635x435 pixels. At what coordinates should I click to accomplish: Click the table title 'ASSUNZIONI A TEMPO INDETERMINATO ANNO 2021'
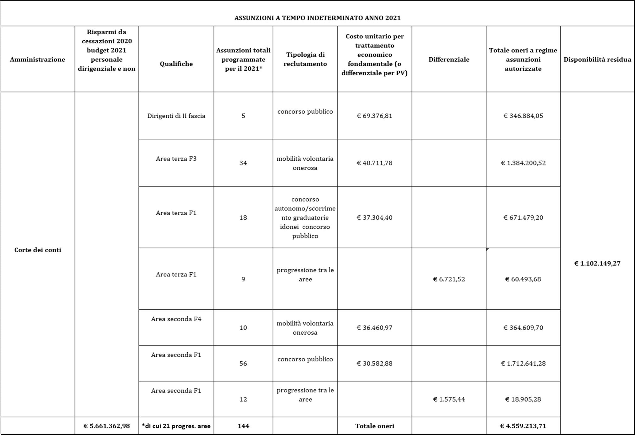(317, 18)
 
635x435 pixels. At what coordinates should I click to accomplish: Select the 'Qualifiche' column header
(176, 64)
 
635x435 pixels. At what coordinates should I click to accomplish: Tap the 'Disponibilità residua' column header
(597, 59)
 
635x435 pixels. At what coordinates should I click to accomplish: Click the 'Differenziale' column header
(449, 59)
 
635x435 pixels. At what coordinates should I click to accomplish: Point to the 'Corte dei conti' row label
(38, 250)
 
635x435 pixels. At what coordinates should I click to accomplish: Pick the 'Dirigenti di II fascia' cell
(176, 116)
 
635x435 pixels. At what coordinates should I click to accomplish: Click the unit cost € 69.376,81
(374, 116)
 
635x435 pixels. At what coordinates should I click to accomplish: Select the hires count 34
(243, 163)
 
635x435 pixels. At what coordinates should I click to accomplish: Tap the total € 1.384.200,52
(523, 163)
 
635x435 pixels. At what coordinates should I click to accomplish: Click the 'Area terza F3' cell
(176, 159)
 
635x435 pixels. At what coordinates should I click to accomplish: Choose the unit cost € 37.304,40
(374, 218)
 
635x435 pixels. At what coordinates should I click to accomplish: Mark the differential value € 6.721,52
(449, 279)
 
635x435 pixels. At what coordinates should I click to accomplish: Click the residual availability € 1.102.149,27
(597, 264)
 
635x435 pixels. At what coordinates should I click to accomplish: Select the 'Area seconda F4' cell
(176, 319)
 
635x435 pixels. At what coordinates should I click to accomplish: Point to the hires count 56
(243, 363)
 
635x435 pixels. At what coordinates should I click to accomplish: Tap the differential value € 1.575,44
(449, 399)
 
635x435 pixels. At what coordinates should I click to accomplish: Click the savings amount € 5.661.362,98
(107, 426)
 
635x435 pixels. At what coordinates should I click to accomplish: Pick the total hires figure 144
(243, 426)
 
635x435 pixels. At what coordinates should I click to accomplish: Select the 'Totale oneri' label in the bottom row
(374, 426)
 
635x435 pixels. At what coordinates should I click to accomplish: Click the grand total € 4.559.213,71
(523, 426)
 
